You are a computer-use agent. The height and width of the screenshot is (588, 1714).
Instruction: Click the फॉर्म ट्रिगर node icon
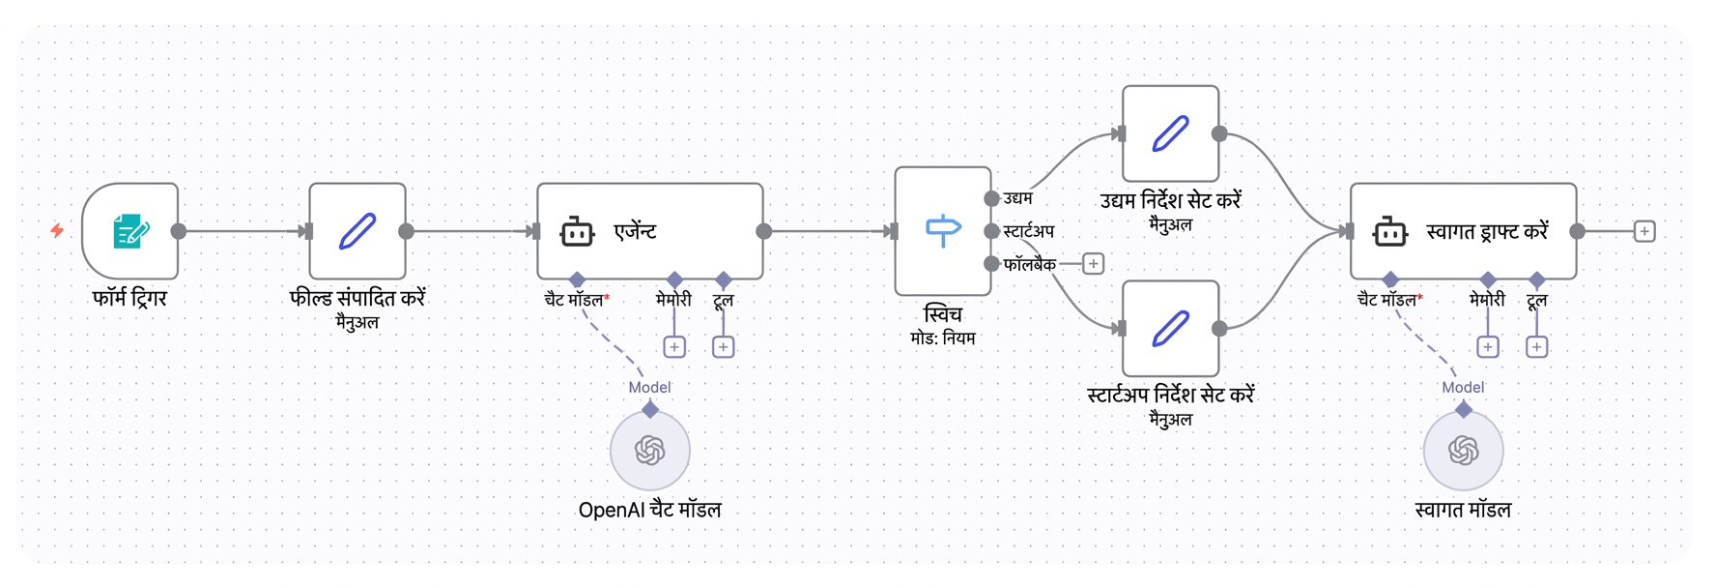pos(130,231)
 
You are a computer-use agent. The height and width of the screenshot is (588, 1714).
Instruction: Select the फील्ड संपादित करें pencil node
pos(357,231)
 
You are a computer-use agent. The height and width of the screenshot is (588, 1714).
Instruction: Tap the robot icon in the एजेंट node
pos(577,232)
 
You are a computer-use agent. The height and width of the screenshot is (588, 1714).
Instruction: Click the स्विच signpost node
pos(943,231)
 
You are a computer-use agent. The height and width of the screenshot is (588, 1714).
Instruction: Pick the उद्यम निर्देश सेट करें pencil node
pos(1170,133)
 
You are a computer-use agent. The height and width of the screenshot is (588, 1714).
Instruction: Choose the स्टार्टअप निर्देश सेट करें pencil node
pos(1170,328)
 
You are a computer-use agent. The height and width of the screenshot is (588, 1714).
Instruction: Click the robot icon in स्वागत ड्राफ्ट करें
pos(1390,232)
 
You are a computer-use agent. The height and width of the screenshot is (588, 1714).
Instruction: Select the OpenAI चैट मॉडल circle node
pos(650,451)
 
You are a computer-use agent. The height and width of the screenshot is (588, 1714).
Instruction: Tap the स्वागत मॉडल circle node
pos(1464,451)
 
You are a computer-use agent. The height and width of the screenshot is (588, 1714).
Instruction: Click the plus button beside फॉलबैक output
pos(1094,264)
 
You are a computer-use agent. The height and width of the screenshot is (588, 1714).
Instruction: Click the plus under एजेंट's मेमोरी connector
pos(674,346)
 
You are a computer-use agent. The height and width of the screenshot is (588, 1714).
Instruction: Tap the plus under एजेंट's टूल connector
pos(723,346)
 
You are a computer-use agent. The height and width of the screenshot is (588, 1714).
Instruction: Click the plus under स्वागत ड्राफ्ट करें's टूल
pos(1536,346)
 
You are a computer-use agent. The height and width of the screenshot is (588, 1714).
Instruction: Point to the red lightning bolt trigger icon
pos(57,230)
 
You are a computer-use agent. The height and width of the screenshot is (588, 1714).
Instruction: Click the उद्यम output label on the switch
pos(1018,198)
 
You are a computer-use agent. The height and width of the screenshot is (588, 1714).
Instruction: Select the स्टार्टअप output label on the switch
pos(1029,231)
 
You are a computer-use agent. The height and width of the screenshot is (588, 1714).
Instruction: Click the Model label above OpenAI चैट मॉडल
pos(649,387)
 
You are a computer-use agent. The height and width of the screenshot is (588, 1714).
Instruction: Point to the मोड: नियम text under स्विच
pos(943,338)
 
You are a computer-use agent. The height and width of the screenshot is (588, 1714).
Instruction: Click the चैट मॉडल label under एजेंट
pos(574,300)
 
